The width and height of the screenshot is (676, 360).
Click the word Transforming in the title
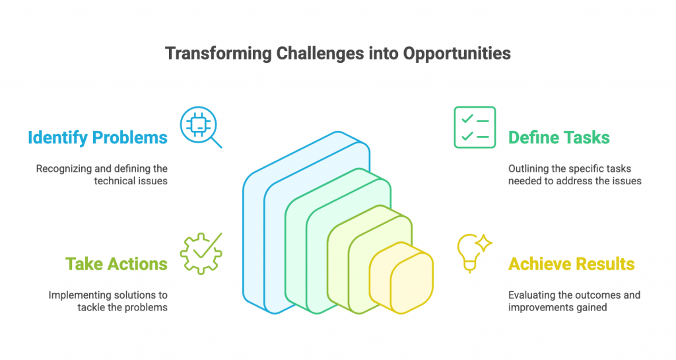coord(219,54)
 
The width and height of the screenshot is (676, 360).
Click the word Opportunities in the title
coord(457,54)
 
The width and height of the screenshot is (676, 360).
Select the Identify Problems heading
coord(98,138)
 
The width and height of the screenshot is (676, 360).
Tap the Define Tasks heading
coord(558,137)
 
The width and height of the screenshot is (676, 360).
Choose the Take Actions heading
coord(116,264)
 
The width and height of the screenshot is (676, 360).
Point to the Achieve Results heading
coord(571,264)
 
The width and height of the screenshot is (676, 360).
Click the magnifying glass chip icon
coord(201,127)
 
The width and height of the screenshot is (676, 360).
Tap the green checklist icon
coord(475,127)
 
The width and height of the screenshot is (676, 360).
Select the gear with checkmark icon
coord(201,254)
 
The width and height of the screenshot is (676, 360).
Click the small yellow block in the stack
coord(401,277)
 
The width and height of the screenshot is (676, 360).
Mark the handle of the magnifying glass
coord(217,143)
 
